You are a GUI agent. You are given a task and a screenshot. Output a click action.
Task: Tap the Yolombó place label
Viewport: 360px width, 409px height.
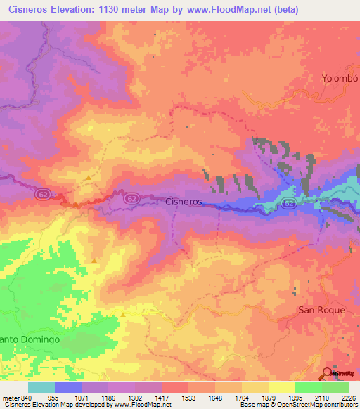point(340,78)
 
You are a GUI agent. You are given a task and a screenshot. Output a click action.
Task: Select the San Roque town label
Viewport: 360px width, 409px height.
point(321,310)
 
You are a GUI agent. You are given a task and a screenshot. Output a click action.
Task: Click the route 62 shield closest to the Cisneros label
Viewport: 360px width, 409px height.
point(132,199)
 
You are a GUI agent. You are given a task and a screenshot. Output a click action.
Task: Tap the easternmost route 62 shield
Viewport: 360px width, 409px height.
point(288,202)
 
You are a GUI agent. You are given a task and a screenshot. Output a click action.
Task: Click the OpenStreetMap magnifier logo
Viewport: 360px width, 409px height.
point(328,373)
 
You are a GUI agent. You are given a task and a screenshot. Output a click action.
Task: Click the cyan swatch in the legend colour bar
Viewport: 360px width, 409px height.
point(41,387)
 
